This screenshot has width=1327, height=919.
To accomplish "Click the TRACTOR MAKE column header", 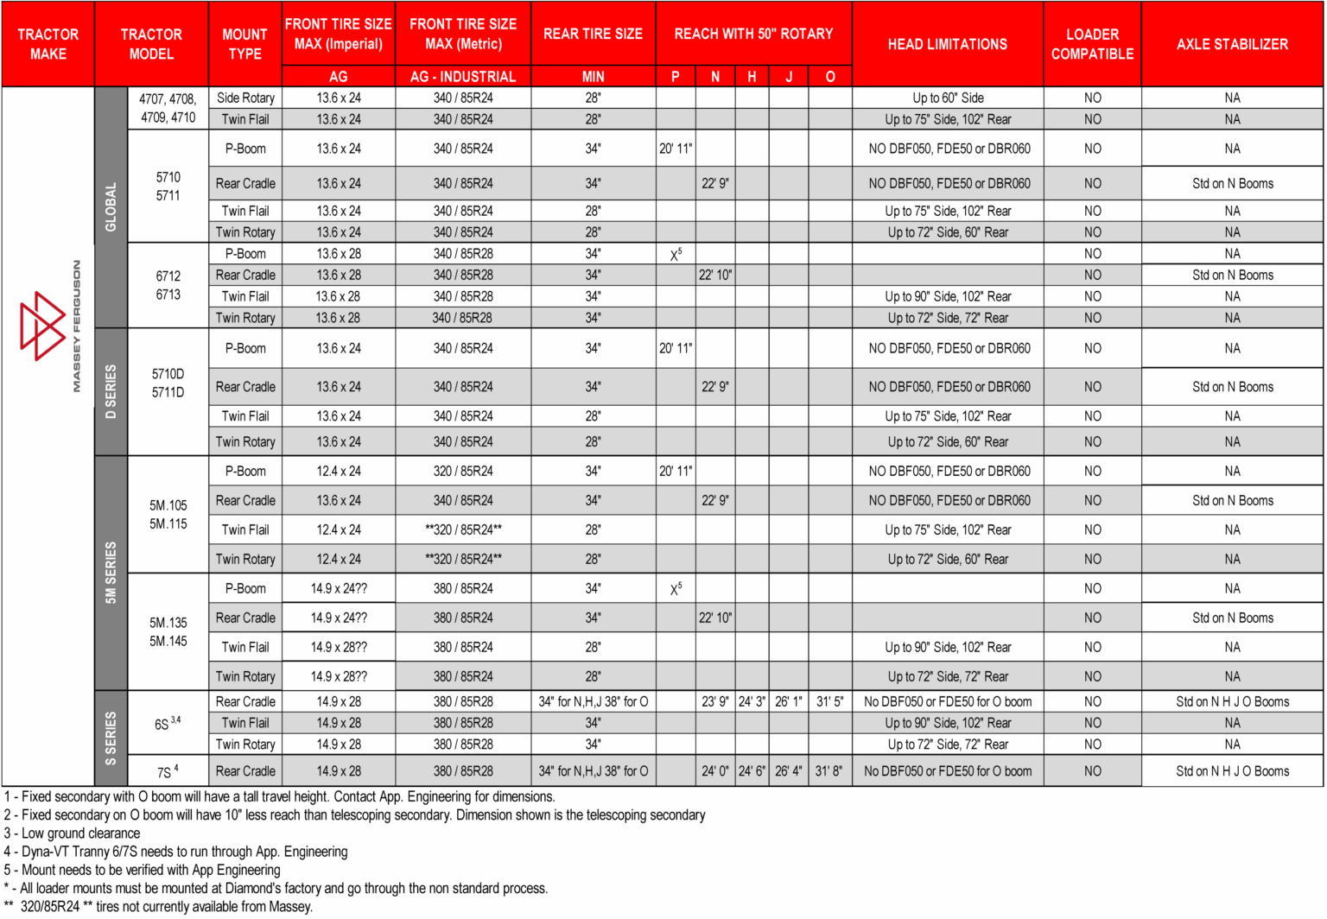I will click(48, 44).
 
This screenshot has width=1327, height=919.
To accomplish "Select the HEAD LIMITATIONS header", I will click(947, 44).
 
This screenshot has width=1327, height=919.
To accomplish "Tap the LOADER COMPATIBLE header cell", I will click(1092, 44).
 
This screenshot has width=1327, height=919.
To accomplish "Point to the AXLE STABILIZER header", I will click(1232, 44).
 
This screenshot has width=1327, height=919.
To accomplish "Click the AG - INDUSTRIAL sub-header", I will click(463, 77).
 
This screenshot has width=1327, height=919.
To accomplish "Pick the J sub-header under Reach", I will click(789, 77).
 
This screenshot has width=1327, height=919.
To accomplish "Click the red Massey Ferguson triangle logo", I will click(42, 326).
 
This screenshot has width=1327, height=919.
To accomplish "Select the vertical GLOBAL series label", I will click(111, 207).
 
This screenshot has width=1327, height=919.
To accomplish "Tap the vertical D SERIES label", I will click(111, 391).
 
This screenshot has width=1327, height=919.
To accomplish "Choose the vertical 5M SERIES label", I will click(111, 572).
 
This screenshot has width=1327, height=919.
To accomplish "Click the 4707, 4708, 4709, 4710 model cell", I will click(168, 108).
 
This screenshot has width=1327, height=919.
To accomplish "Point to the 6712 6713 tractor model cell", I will click(168, 285).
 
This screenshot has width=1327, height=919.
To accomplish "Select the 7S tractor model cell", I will click(168, 771).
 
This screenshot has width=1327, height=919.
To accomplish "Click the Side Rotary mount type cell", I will click(245, 98).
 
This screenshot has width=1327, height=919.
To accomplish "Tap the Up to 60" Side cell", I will click(948, 98).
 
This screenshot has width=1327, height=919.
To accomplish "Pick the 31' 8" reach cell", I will click(829, 771).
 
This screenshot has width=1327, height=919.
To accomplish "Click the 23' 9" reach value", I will click(715, 702).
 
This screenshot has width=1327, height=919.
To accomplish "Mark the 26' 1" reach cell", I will click(789, 702).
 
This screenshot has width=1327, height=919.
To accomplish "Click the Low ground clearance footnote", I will click(73, 833).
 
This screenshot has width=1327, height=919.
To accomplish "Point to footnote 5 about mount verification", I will click(143, 870).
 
